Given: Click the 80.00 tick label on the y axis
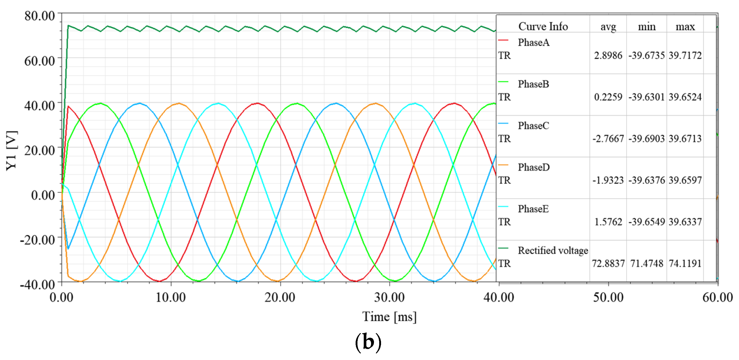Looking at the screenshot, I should tap(40, 16).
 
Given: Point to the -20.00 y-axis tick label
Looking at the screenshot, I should tap(37, 240).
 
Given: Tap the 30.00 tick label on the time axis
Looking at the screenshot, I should tap(389, 297).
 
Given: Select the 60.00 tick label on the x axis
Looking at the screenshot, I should tap(718, 297).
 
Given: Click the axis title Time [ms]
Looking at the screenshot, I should tap(389, 317).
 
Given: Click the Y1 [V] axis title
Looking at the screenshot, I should tap(12, 151).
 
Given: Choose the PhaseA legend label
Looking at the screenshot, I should tap(534, 42).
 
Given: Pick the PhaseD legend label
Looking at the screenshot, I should tap(534, 167).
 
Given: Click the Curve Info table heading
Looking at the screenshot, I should tap(543, 26).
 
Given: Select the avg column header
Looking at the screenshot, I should tap(608, 27).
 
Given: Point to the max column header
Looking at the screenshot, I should tap(685, 27).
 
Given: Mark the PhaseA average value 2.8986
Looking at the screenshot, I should tap(608, 55).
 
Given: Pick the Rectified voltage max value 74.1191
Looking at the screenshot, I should tap(685, 263).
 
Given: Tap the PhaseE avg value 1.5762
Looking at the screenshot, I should tap(608, 222).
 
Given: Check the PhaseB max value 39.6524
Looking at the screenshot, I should tap(685, 97).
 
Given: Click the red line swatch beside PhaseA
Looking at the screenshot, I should tap(503, 40).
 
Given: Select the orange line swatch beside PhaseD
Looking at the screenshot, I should tap(503, 165).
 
